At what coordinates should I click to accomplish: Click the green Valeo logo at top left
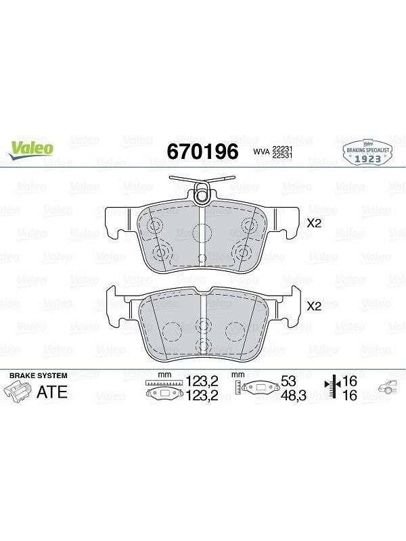(x=31, y=150)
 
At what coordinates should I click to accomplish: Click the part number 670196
(x=202, y=151)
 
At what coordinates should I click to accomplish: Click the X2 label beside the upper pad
(x=314, y=223)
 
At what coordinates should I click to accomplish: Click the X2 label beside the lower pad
(x=314, y=306)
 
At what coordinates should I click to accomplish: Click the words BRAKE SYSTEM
(x=39, y=376)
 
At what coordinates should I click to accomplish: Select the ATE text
(x=52, y=392)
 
